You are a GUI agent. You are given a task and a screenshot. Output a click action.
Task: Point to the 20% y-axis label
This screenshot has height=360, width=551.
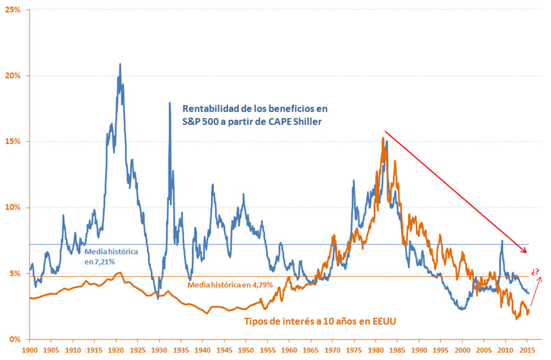[x=13, y=76]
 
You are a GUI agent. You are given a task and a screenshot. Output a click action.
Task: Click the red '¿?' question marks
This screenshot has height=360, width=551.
[x=535, y=272]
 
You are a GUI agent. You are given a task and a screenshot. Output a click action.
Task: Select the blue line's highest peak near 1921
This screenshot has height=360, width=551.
[x=120, y=64]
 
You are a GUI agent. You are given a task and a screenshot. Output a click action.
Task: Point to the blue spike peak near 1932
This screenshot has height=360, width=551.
[x=169, y=103]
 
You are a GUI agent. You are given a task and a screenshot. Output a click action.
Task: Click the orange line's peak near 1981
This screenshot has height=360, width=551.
[x=382, y=138]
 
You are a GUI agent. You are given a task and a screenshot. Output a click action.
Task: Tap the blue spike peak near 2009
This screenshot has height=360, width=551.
[x=502, y=241]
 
